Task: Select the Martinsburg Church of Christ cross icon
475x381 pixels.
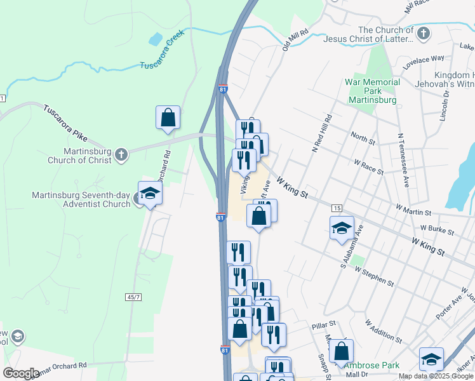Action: tap(121, 154)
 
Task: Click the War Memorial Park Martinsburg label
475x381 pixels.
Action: tap(372, 91)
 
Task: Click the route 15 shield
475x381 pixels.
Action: tap(337, 208)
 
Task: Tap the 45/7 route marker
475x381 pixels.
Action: tap(133, 297)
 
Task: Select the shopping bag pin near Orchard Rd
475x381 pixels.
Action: tap(168, 117)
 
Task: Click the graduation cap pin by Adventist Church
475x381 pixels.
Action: tap(150, 193)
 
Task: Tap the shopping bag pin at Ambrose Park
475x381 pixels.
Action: tap(342, 351)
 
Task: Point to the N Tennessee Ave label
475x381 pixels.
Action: tap(401, 154)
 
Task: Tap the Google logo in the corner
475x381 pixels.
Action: tap(21, 373)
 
